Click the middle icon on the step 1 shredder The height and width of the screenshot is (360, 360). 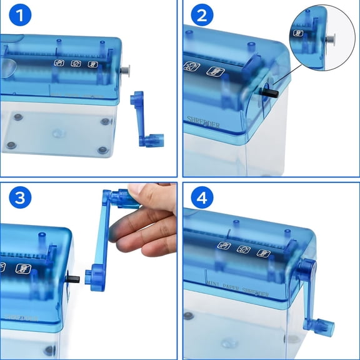tap(76, 63)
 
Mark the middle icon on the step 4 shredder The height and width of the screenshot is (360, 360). tap(245, 249)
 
